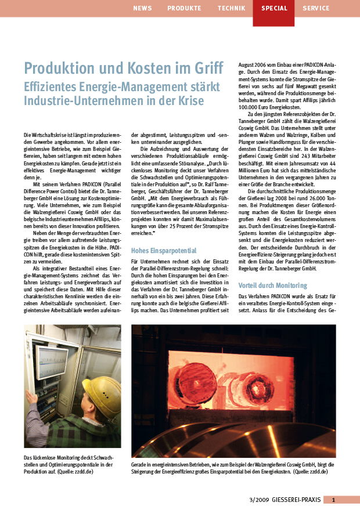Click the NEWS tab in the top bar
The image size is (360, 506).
coord(142,8)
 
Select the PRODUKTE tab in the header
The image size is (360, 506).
coord(184,8)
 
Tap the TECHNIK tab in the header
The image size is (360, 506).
coord(231,8)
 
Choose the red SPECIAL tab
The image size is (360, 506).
coord(273,8)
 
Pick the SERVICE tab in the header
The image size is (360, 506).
coord(316,8)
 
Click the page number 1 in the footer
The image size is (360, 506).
coord(333,499)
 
